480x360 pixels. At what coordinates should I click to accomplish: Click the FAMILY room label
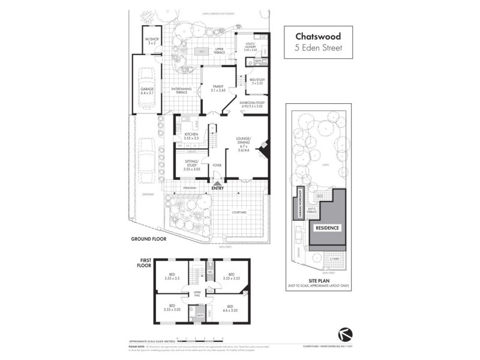point(218,88)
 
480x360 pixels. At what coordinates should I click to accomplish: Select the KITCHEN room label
point(191,136)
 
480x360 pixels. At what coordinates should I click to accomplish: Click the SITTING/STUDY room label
point(191,167)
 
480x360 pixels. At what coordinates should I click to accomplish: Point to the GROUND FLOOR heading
point(148,239)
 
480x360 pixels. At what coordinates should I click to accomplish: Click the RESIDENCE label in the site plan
point(328,228)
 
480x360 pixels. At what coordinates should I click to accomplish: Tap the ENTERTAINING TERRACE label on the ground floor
point(181,91)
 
